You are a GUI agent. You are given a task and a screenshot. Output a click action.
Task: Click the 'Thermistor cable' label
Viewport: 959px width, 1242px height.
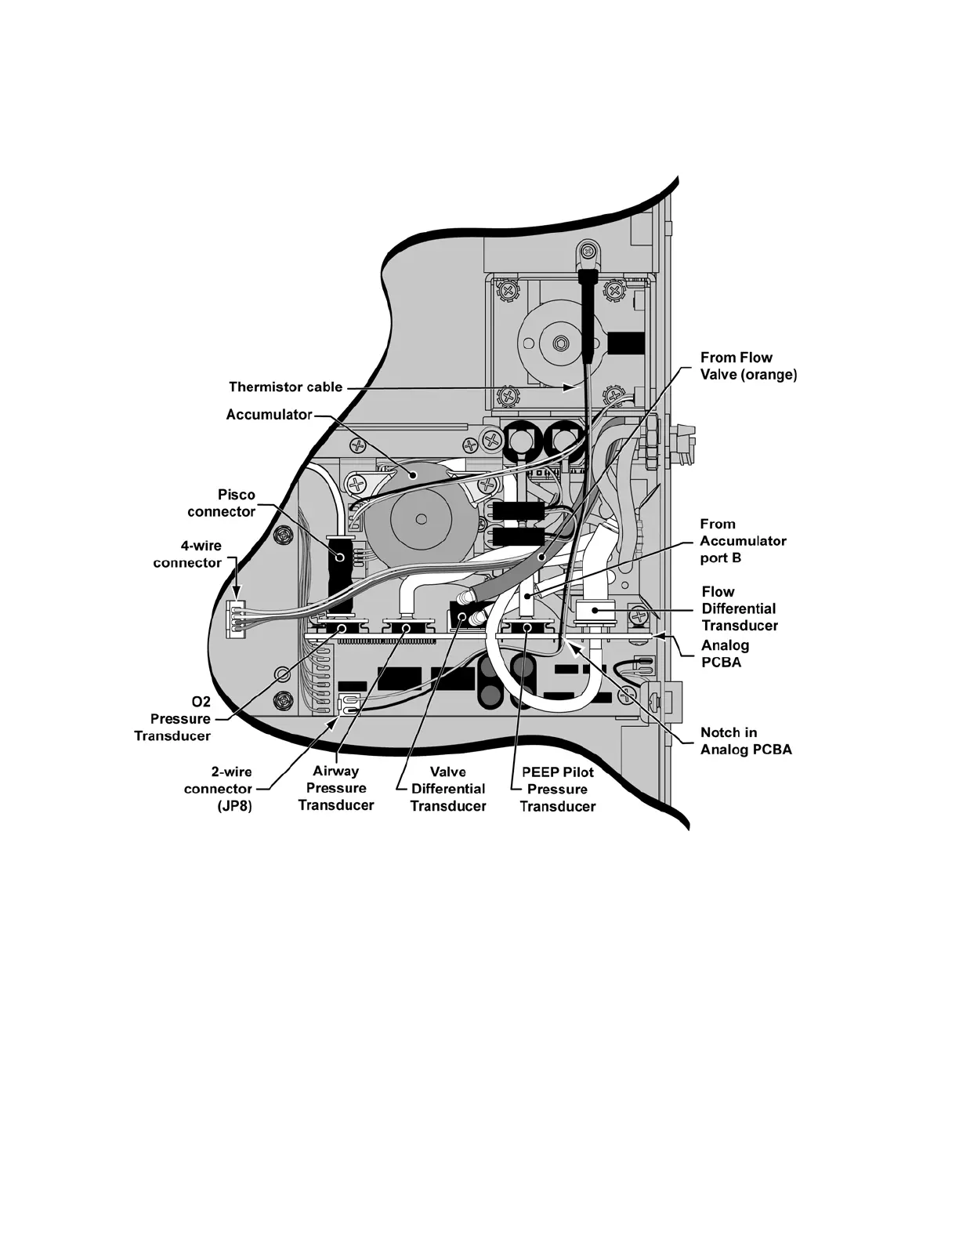click(x=285, y=387)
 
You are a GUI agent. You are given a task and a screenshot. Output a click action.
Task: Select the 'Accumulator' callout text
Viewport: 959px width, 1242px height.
click(x=269, y=414)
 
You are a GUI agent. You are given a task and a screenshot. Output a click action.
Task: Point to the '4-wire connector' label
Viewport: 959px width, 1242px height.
click(x=187, y=554)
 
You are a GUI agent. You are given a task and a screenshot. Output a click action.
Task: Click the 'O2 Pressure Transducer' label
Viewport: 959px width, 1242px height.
click(x=173, y=719)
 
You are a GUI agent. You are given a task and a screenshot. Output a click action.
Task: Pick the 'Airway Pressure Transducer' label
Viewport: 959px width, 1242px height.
click(x=336, y=788)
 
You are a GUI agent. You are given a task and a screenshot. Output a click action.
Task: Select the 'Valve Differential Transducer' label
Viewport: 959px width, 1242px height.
click(x=448, y=789)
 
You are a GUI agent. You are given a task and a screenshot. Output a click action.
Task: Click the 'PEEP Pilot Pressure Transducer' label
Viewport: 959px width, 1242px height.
click(x=558, y=789)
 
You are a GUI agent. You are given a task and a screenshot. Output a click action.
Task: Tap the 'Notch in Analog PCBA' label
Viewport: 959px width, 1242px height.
click(x=745, y=741)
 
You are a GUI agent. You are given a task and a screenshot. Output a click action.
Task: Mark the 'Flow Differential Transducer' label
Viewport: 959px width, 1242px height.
click(x=740, y=608)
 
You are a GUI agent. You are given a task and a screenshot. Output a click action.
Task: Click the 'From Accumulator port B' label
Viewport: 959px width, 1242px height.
click(x=743, y=541)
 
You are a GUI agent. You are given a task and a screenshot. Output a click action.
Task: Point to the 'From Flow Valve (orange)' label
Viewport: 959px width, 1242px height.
click(x=748, y=366)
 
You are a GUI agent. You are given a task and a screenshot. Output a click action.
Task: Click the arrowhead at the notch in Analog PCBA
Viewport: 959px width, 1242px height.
click(x=571, y=645)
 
